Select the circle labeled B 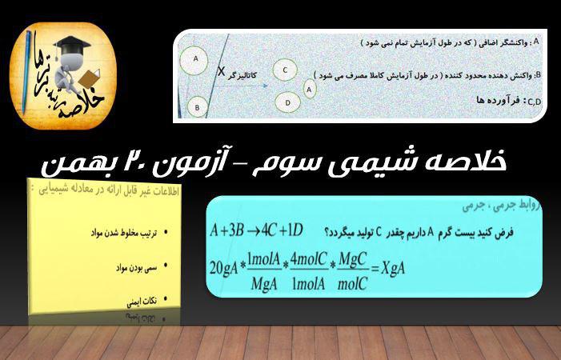click(x=197, y=105)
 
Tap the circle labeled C click(x=285, y=70)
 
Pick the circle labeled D click(x=287, y=102)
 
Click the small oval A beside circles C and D click(x=310, y=90)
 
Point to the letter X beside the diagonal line click(x=222, y=70)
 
